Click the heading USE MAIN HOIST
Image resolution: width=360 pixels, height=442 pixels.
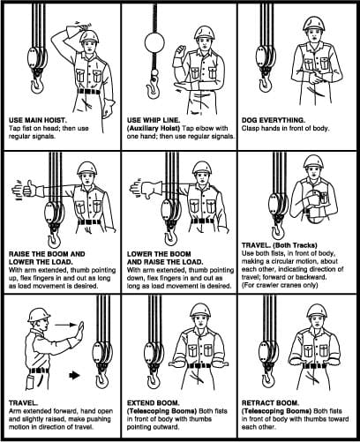point(38,120)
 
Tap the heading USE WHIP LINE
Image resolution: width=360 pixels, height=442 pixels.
point(154,120)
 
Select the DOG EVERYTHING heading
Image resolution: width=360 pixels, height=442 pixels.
point(274,120)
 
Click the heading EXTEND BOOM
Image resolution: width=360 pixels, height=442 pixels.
point(154,403)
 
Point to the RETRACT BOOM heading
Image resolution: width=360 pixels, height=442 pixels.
point(271,403)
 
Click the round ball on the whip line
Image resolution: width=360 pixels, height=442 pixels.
point(154,43)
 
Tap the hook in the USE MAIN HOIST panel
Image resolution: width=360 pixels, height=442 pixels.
point(37,86)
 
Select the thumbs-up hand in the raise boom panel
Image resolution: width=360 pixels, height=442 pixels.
point(29,188)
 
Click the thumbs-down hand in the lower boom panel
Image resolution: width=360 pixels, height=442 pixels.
point(148,191)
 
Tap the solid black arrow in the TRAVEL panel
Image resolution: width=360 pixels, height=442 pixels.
point(74,375)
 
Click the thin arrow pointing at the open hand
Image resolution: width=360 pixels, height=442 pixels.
point(66,325)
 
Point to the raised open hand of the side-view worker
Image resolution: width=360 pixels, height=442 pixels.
point(80,332)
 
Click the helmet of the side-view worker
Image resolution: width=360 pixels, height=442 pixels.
point(38,315)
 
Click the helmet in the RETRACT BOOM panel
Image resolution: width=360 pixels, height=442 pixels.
point(317,311)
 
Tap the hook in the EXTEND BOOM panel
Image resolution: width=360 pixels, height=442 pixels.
point(154,378)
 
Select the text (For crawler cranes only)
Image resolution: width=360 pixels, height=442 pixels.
point(280,285)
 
